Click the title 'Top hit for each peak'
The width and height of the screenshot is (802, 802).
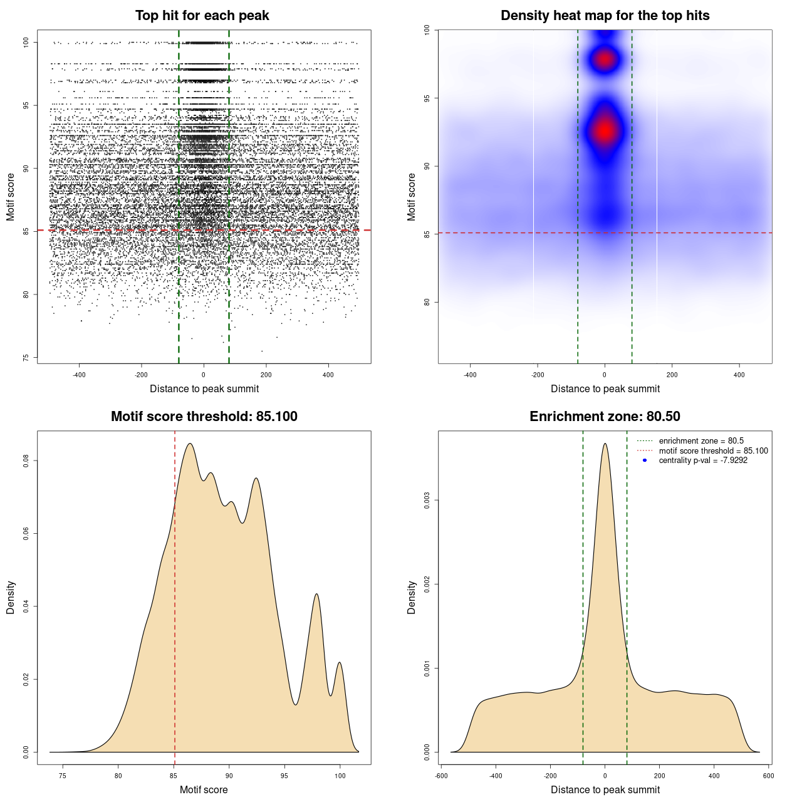(x=202, y=16)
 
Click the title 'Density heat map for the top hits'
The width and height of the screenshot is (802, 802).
(x=605, y=16)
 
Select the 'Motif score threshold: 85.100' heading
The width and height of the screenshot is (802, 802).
(x=204, y=417)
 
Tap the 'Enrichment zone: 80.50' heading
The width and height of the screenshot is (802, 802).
(x=605, y=417)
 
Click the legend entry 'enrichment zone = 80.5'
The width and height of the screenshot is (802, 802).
(x=700, y=441)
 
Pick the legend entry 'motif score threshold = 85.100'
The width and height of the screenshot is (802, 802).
(x=713, y=450)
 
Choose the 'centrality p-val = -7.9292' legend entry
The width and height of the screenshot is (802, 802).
(x=702, y=461)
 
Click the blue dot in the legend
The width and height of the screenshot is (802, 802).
(x=645, y=461)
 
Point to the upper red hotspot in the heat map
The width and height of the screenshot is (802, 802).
(x=605, y=60)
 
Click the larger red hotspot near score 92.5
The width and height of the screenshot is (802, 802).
(x=605, y=130)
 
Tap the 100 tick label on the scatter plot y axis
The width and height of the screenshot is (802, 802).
(x=26, y=42)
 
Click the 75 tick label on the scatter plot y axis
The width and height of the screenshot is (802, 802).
(x=26, y=358)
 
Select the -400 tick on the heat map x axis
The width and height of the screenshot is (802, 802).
(x=470, y=375)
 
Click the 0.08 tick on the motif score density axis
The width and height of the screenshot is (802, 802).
(x=26, y=461)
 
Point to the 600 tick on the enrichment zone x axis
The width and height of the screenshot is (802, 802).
(x=768, y=776)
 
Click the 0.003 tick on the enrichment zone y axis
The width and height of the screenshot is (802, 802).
(x=427, y=501)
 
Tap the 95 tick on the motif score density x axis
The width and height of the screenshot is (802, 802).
(x=284, y=776)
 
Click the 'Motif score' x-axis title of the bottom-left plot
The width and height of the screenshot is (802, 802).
(x=204, y=789)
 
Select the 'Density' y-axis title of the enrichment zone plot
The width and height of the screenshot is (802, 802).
(x=412, y=597)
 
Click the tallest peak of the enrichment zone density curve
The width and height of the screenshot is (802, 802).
(x=605, y=444)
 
